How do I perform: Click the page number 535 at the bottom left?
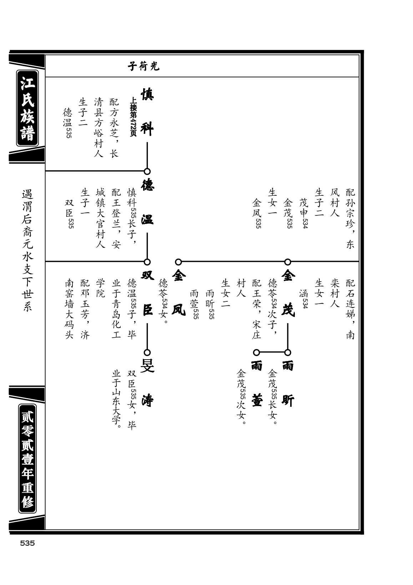click(x=27, y=544)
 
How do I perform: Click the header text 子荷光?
click(x=143, y=66)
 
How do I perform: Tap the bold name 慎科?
click(x=147, y=112)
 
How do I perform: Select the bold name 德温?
click(x=147, y=202)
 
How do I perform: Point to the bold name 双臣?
click(x=147, y=293)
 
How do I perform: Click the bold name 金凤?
click(x=179, y=293)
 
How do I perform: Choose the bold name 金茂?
click(x=288, y=293)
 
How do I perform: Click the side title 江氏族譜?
click(x=27, y=108)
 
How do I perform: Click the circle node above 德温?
click(x=147, y=171)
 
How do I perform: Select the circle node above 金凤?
click(x=178, y=262)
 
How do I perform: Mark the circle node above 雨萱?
click(x=257, y=352)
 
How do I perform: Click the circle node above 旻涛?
click(x=147, y=352)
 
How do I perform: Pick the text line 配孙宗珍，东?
click(x=350, y=218)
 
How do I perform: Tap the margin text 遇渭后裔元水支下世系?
click(x=27, y=250)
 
